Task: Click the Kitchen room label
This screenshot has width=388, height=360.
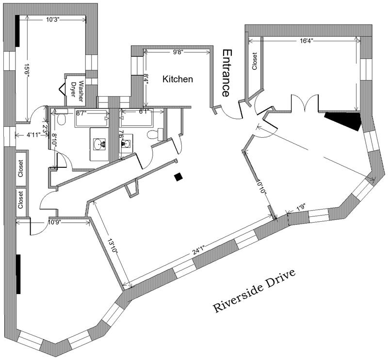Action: (178, 79)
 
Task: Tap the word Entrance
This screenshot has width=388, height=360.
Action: (226, 73)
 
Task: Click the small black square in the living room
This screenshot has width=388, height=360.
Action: (179, 178)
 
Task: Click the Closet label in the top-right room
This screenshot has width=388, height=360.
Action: (254, 62)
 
